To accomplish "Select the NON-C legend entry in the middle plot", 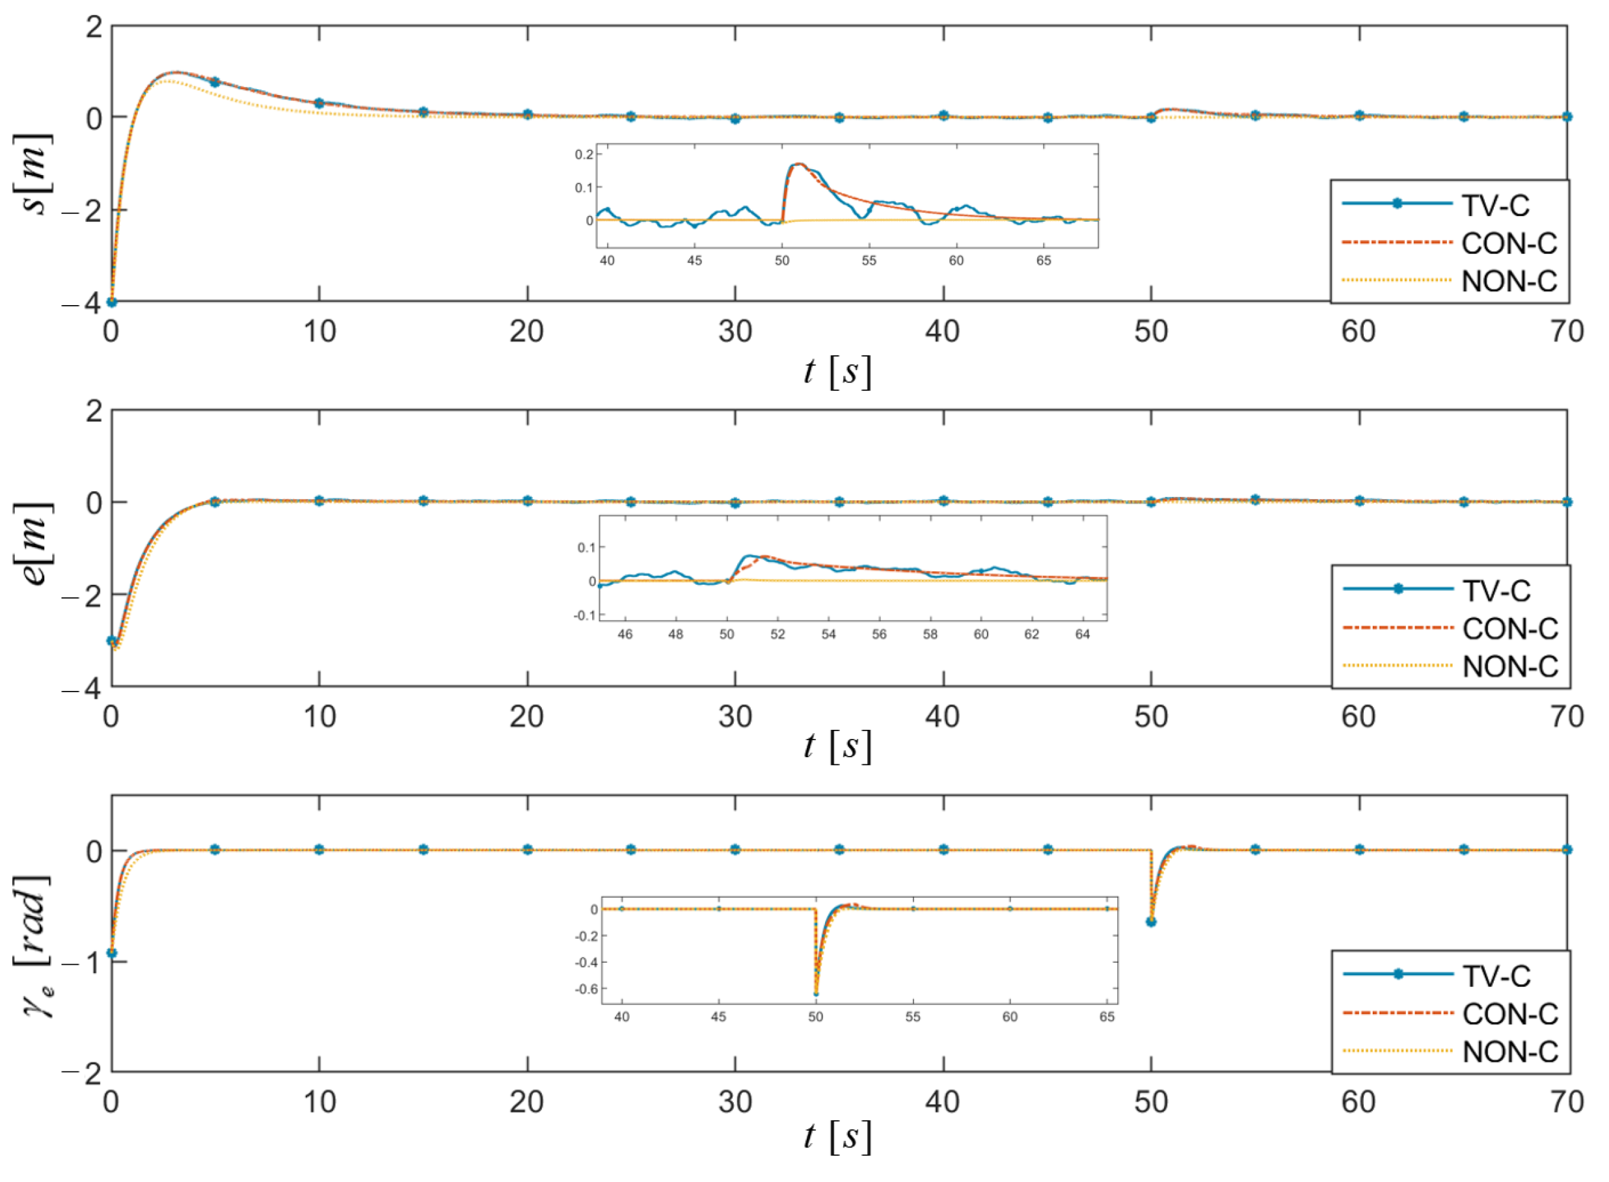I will [x=1510, y=667].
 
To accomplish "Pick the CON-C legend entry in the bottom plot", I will [x=1510, y=1014].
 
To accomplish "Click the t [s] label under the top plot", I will [x=838, y=372].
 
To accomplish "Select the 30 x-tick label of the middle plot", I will [x=735, y=717].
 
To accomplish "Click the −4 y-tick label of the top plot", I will [x=82, y=303].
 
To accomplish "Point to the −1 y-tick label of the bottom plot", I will [x=82, y=963].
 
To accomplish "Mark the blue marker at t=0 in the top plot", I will [x=112, y=302].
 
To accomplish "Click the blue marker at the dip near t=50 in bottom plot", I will [x=1150, y=922].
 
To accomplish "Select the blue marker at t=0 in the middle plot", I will [x=112, y=640].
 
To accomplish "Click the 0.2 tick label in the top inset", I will [x=584, y=155].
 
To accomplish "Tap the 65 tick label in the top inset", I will [x=1043, y=260].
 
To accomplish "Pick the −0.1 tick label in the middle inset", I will [x=584, y=615].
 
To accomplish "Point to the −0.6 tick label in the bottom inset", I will [x=587, y=989].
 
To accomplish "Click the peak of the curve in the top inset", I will [x=799, y=164].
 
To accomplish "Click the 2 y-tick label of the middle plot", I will [x=94, y=412].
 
